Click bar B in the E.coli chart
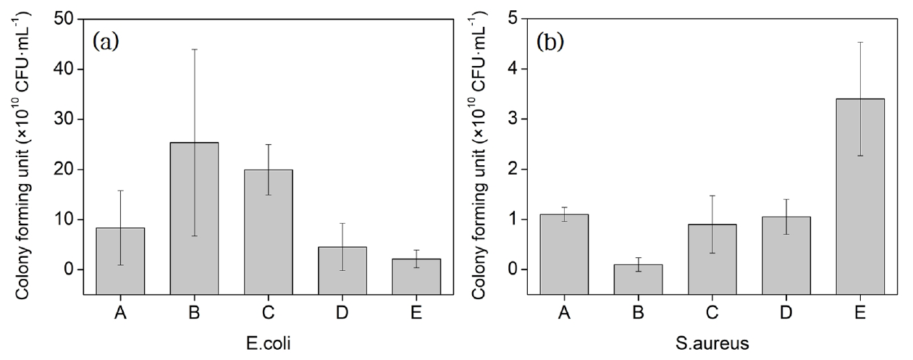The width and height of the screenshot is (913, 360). tap(194, 217)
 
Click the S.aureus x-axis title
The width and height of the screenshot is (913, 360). tap(711, 341)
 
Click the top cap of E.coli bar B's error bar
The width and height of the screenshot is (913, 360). tap(194, 49)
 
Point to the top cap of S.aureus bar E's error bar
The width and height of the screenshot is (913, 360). tap(859, 42)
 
